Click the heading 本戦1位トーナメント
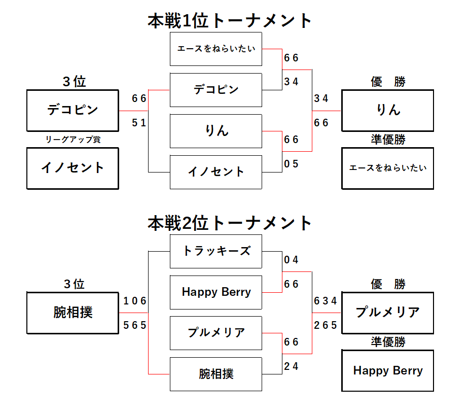(x=229, y=21)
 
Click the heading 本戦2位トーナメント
(x=229, y=223)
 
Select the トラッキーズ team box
(x=216, y=251)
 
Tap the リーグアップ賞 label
(x=73, y=140)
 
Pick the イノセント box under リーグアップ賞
(x=73, y=168)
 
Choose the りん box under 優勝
(x=387, y=111)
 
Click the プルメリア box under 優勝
(x=387, y=313)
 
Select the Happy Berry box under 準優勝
(x=387, y=370)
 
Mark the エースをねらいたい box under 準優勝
(x=387, y=168)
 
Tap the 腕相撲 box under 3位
(x=73, y=313)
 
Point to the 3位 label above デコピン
(x=74, y=82)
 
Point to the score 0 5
(x=291, y=164)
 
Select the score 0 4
(x=291, y=260)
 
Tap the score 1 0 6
(x=135, y=301)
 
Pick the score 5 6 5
(x=135, y=325)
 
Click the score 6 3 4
(x=325, y=301)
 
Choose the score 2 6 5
(x=325, y=325)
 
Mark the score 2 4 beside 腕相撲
(x=291, y=366)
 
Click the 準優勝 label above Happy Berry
(x=388, y=341)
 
